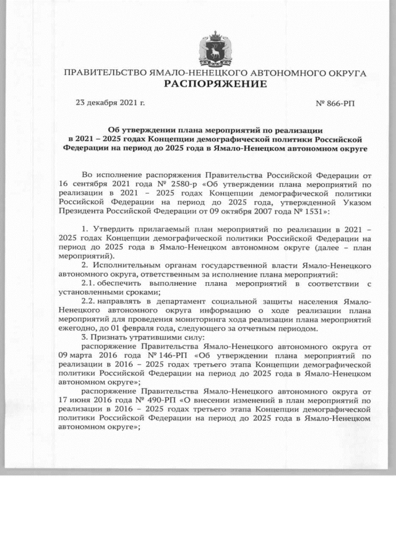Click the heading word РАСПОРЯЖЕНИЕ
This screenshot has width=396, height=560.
tap(215, 84)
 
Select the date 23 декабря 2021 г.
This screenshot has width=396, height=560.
tap(110, 101)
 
